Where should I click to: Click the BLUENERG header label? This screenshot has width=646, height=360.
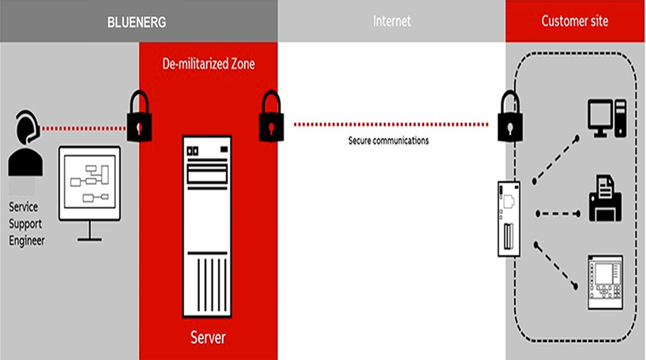point(137,22)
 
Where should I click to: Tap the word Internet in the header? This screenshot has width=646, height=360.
point(392,21)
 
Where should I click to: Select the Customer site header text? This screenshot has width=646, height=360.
point(575,21)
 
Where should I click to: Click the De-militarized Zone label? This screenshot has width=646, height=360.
point(208,64)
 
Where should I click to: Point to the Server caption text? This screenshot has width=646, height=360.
point(208,337)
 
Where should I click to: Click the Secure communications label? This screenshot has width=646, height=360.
point(389,141)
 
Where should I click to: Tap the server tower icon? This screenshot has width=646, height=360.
point(207,227)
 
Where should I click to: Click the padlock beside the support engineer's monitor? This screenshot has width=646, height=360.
point(139,117)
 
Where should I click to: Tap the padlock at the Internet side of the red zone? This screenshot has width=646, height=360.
point(271,117)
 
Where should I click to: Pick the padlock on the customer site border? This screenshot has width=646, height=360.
point(510,117)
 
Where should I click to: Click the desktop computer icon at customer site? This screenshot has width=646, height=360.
point(607,118)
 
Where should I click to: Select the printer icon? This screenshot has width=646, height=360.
point(605,198)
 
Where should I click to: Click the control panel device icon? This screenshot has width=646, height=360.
point(605,282)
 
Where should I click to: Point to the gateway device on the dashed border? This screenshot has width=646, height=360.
point(509,219)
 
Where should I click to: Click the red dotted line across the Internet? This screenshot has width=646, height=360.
point(391,125)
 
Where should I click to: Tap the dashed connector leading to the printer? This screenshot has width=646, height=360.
point(558,213)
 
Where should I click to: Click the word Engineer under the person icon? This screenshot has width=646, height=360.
point(27,241)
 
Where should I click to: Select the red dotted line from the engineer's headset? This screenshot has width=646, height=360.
point(84,129)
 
